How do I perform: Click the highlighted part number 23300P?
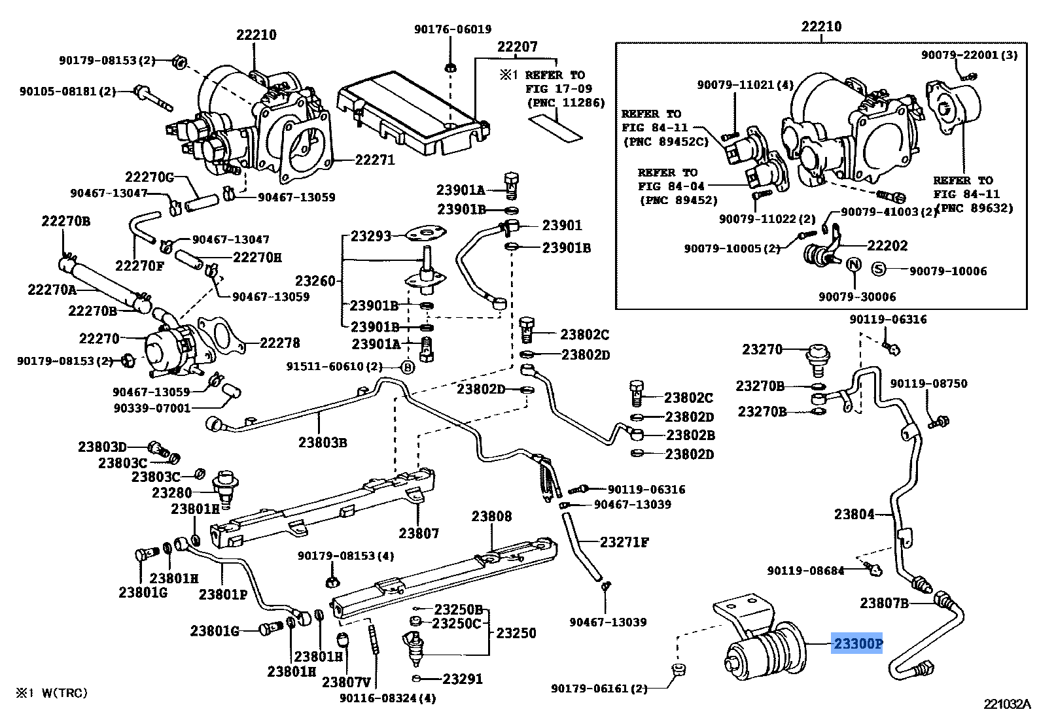point(857,644)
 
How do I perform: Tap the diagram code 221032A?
point(1007,704)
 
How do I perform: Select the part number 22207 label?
point(517,46)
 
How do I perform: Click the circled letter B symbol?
point(406,367)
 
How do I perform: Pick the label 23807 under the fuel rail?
point(419,533)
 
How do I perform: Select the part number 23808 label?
point(491,517)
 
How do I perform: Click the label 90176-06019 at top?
point(452,29)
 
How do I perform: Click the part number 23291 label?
point(463,679)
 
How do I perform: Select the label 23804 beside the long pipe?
point(854,514)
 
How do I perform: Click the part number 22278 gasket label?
point(279,343)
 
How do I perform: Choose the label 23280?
point(172,492)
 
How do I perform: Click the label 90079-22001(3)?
point(969,55)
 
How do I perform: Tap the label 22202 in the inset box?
point(887,245)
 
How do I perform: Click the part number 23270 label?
point(762,349)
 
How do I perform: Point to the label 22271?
point(375,160)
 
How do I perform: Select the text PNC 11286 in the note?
point(566,103)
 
